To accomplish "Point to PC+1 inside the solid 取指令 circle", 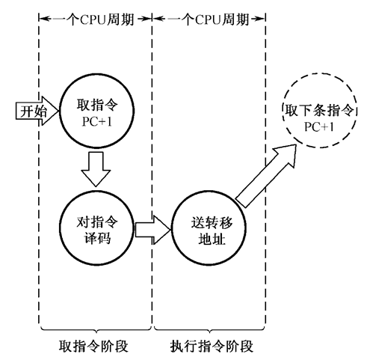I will click(94, 119).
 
